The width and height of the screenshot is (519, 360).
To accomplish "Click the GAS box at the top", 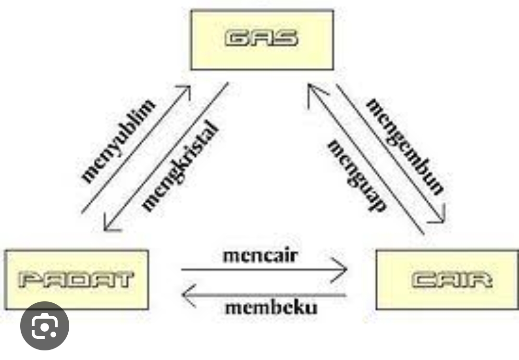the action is click(262, 40).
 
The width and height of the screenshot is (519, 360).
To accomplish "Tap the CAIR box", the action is click(447, 279).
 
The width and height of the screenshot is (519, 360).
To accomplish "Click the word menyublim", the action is click(118, 140).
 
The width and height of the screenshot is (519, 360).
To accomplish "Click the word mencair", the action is click(260, 255).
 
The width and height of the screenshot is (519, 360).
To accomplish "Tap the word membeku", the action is click(271, 307).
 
